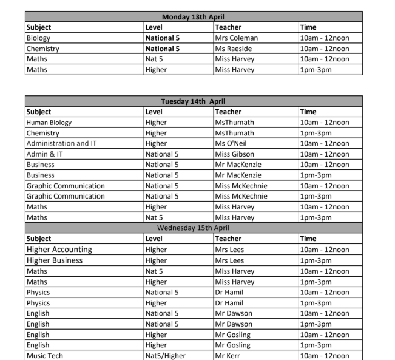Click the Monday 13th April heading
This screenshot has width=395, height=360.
coord(194,17)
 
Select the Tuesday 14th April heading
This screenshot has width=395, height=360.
coord(194,101)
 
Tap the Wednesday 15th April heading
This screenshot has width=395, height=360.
coord(194,228)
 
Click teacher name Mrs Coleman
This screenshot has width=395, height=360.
coord(236,38)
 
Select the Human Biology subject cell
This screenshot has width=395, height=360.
coord(49,123)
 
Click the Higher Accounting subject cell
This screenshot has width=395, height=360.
coord(59,250)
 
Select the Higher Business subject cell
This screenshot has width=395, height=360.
coord(55,260)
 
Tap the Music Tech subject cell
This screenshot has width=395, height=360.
coord(45,355)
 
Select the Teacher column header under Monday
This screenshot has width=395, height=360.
coord(228,27)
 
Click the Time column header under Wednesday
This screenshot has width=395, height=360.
coord(308,239)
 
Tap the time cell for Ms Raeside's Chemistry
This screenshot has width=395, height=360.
coord(325,49)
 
